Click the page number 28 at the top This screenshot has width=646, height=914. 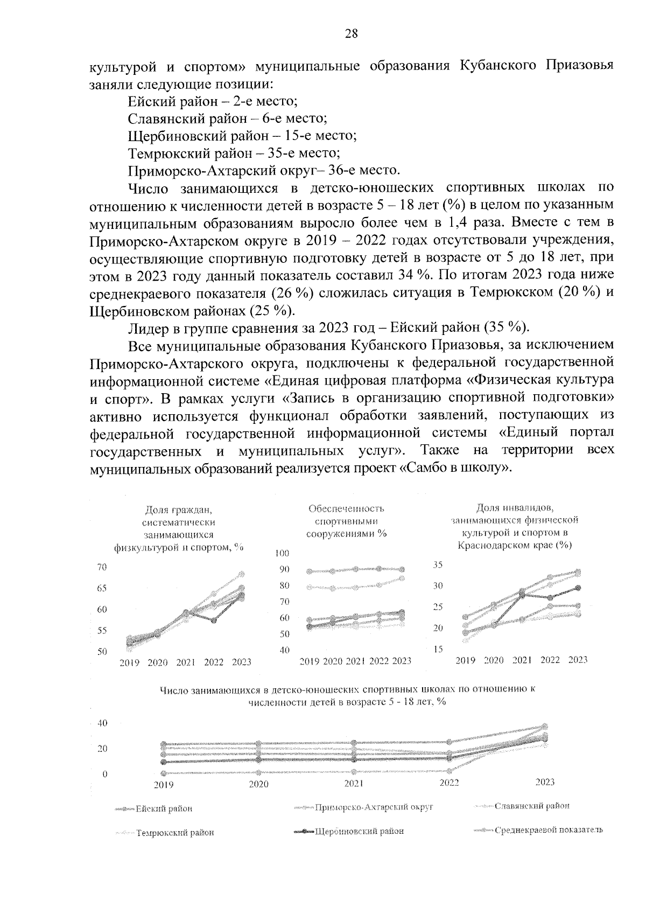pos(351,34)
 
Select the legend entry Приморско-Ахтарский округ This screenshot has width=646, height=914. pos(374,807)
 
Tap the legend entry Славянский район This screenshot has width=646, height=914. pos(532,806)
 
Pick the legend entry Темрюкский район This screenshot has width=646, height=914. pos(175,832)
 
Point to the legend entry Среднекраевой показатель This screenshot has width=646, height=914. pos(548,829)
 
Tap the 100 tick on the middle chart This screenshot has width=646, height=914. pos(282,554)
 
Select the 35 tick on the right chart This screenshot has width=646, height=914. pos(438,565)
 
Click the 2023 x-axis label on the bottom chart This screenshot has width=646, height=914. pos(545,782)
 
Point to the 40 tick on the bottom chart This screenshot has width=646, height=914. pos(102,723)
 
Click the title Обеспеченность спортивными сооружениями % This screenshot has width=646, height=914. pos(347,521)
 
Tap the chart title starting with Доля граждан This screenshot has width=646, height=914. pos(179,528)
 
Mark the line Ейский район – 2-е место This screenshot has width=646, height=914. pos(213,101)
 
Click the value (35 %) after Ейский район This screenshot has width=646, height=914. pos(507,327)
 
